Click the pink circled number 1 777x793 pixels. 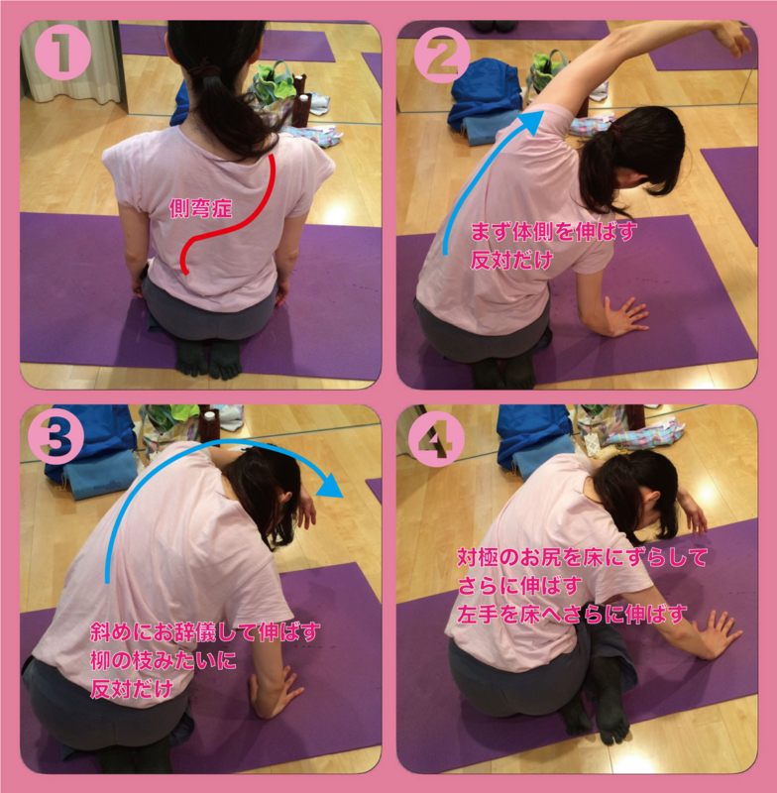coord(61,54)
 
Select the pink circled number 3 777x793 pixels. coord(55,437)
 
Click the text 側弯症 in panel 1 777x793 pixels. coord(201,208)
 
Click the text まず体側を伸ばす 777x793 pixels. coord(554,232)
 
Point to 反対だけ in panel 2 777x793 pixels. coord(511,261)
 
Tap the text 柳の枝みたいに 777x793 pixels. coord(164,659)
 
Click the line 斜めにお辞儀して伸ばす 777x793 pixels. coord(205,631)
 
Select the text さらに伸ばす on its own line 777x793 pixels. coord(518,586)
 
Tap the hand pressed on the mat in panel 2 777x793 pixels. coord(622,316)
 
